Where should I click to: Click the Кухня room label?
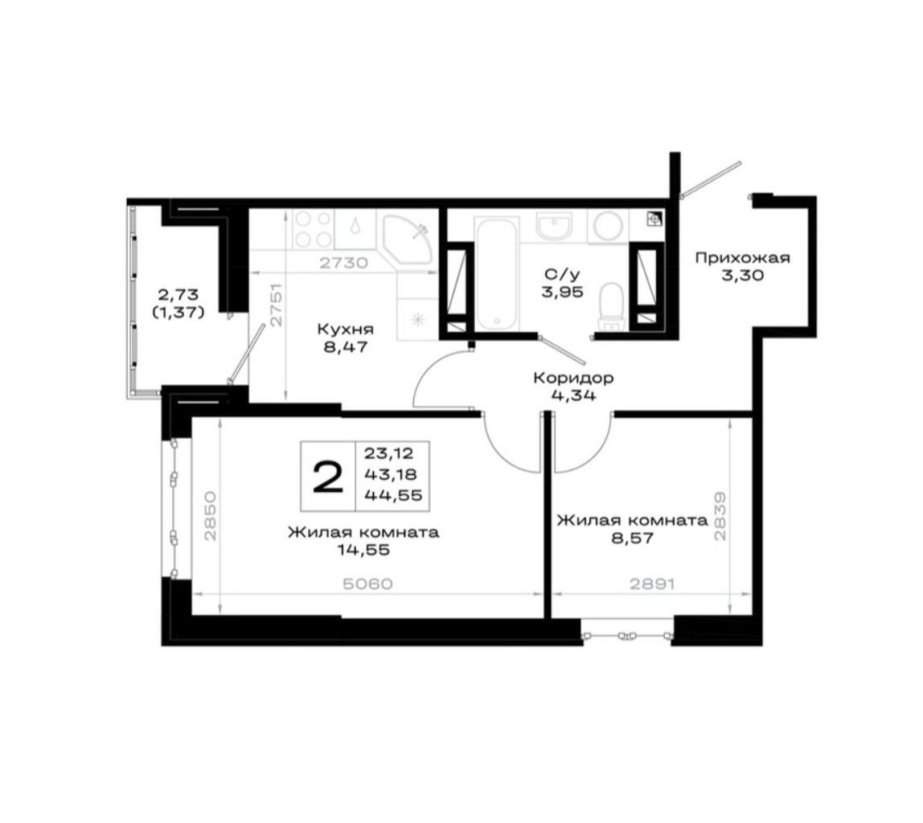coord(345,328)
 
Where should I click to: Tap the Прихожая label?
coord(742,258)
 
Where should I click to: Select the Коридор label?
coord(572,378)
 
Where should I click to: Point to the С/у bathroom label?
coord(563,273)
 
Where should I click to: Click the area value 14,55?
coord(363,550)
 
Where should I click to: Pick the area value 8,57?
coord(632,538)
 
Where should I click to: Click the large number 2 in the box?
coord(328,476)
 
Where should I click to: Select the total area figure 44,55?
coord(393,495)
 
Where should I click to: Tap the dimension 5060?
coord(367,584)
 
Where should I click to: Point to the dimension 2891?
coord(651,584)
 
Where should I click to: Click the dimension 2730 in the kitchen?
coord(343,263)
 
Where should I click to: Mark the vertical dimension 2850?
coord(211,516)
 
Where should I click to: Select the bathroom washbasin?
coord(553,226)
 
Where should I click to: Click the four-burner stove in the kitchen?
coord(314,229)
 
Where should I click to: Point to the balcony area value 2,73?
coord(177,293)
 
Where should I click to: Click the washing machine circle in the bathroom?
coord(608,227)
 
